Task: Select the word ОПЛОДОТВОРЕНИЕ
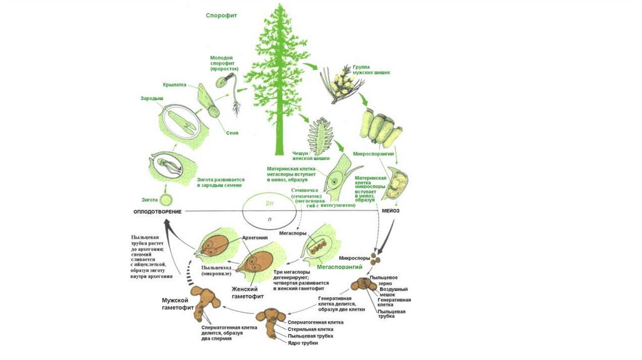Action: tap(157, 211)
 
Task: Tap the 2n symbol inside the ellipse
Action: tap(270, 203)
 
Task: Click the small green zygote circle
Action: tap(166, 201)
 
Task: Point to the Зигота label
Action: tap(149, 199)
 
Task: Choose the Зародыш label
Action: tap(152, 98)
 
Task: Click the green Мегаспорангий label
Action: tap(340, 267)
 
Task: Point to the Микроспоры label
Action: tap(352, 258)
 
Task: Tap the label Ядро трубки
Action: tap(302, 343)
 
